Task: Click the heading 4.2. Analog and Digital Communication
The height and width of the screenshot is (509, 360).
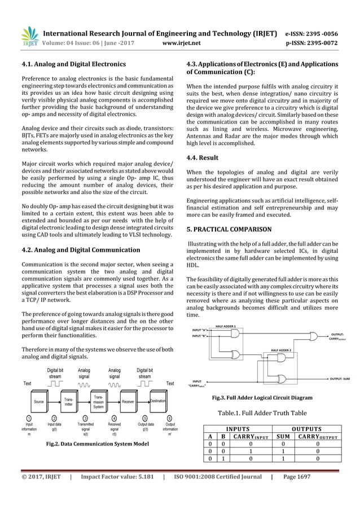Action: click(81, 249)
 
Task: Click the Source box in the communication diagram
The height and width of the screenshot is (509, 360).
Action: click(38, 401)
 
